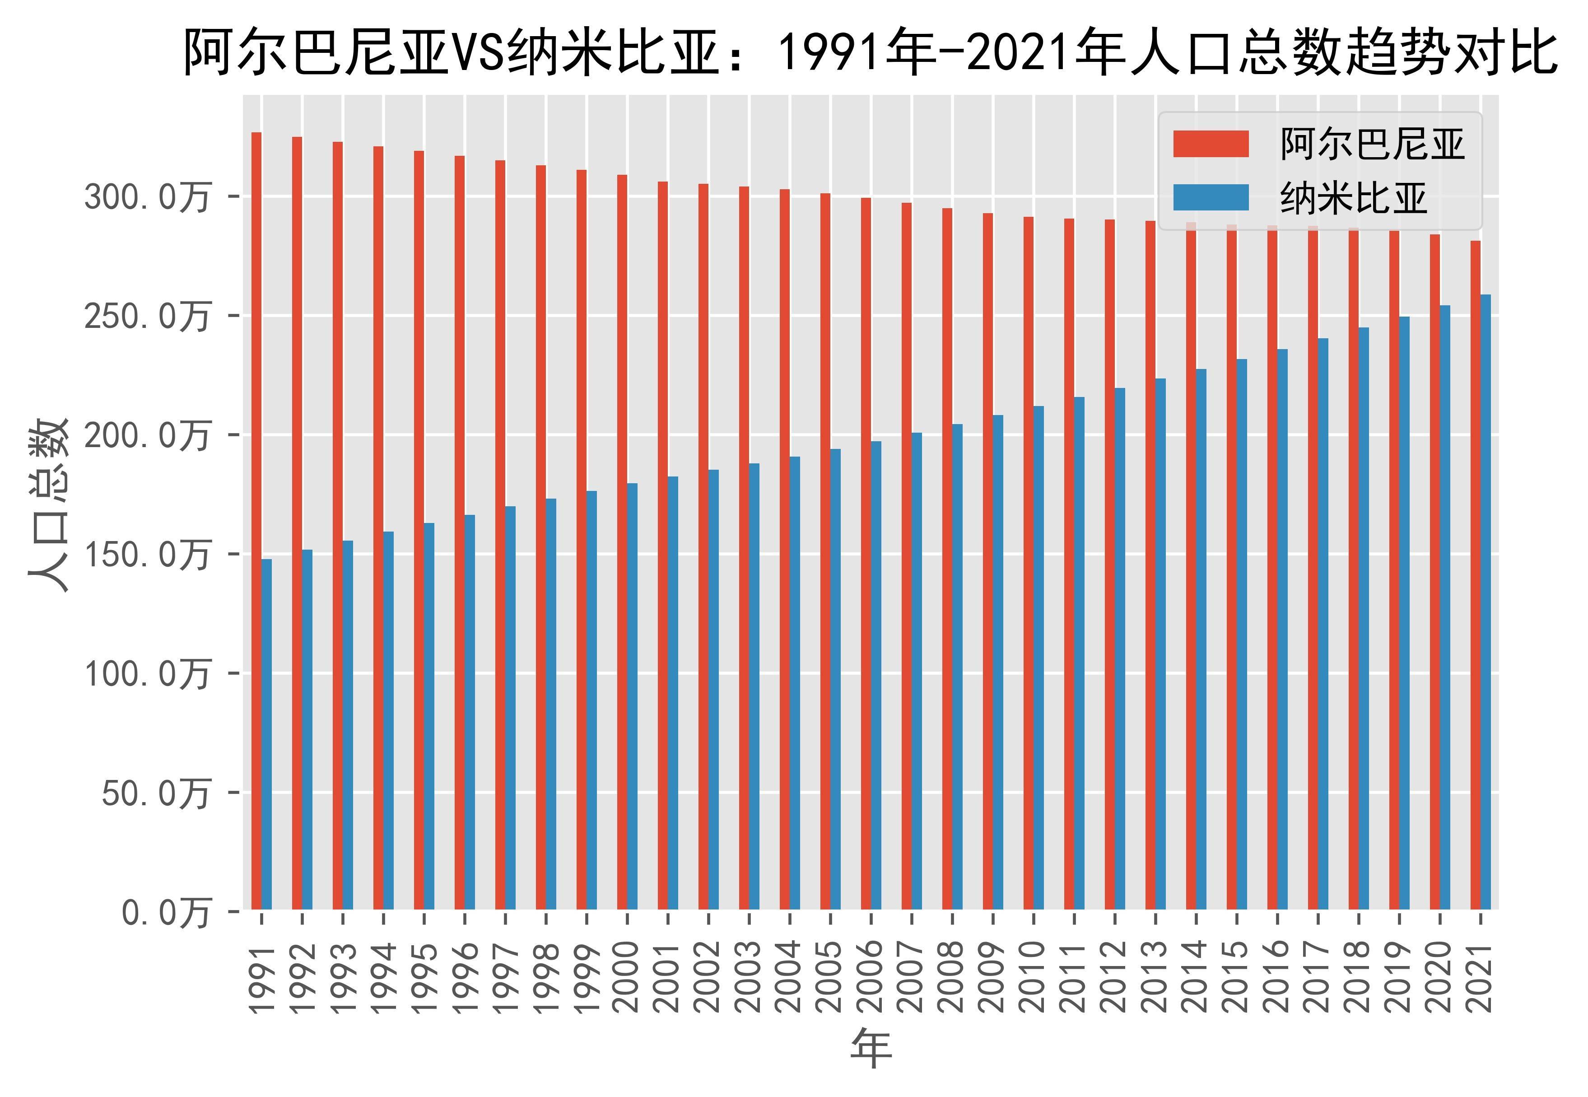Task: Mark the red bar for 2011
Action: (1069, 564)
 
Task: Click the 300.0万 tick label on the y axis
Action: (146, 198)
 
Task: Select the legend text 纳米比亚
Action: (1354, 199)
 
